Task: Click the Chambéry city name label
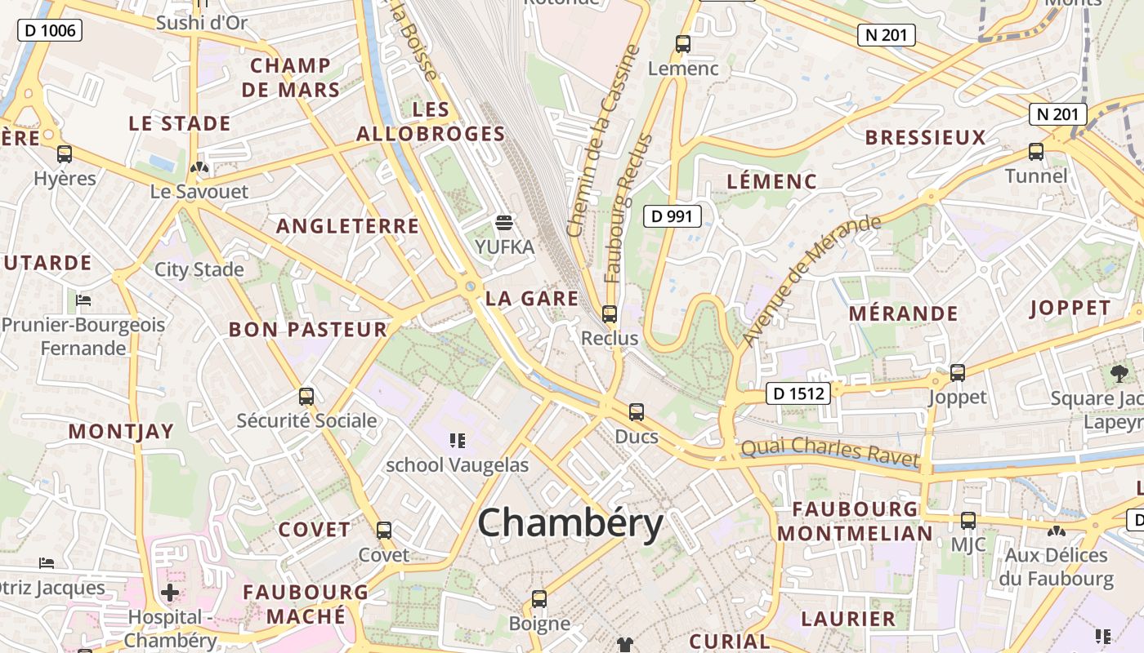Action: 570,522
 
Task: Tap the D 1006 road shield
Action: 50,31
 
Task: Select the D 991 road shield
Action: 673,216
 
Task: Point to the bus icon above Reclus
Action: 609,313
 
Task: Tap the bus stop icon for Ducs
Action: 637,412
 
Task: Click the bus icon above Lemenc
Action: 683,44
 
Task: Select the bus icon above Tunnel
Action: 1036,152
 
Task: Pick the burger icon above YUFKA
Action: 504,222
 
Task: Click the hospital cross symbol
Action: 170,593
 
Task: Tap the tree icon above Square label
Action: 1119,375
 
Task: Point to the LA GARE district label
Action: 532,299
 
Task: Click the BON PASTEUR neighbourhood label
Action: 307,330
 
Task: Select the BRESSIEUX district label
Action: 925,137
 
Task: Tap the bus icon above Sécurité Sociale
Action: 306,397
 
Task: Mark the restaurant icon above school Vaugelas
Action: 458,441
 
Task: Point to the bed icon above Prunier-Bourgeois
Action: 83,300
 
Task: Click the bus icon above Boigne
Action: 539,599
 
